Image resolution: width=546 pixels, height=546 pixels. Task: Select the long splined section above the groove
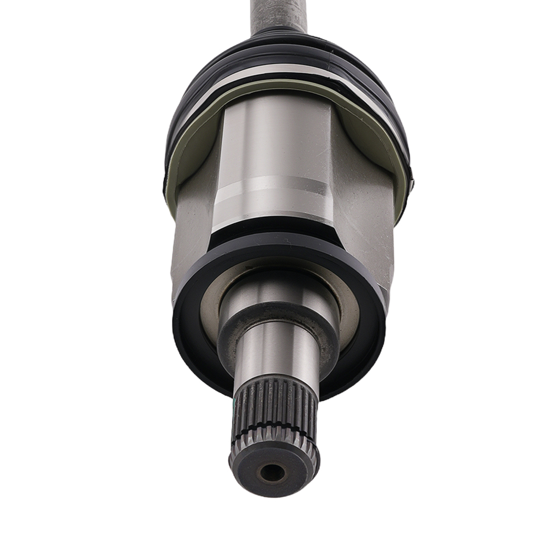point(276,401)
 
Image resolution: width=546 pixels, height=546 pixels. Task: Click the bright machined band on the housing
point(273,197)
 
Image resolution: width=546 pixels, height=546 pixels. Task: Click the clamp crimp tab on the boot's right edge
point(411,183)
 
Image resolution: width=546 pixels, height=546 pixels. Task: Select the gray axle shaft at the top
point(278,14)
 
